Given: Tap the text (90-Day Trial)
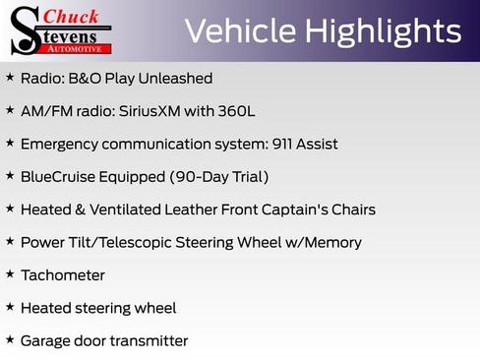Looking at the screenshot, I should [220, 177].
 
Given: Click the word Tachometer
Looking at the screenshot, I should [62, 275].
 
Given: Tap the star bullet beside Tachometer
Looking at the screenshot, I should [10, 274].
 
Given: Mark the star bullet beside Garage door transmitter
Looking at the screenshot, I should [10, 340].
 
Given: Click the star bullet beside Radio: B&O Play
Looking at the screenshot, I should [10, 77].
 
